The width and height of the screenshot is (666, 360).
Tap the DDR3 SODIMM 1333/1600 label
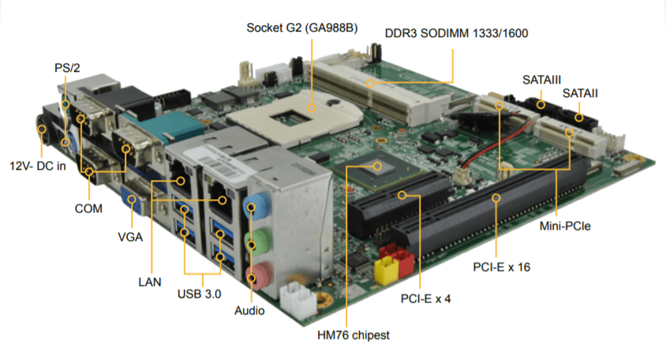point(456,33)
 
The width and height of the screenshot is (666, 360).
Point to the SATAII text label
point(580,93)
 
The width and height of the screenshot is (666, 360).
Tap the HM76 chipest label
point(347,335)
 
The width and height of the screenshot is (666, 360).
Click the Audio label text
point(249,310)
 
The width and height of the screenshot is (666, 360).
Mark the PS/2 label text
point(67,68)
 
